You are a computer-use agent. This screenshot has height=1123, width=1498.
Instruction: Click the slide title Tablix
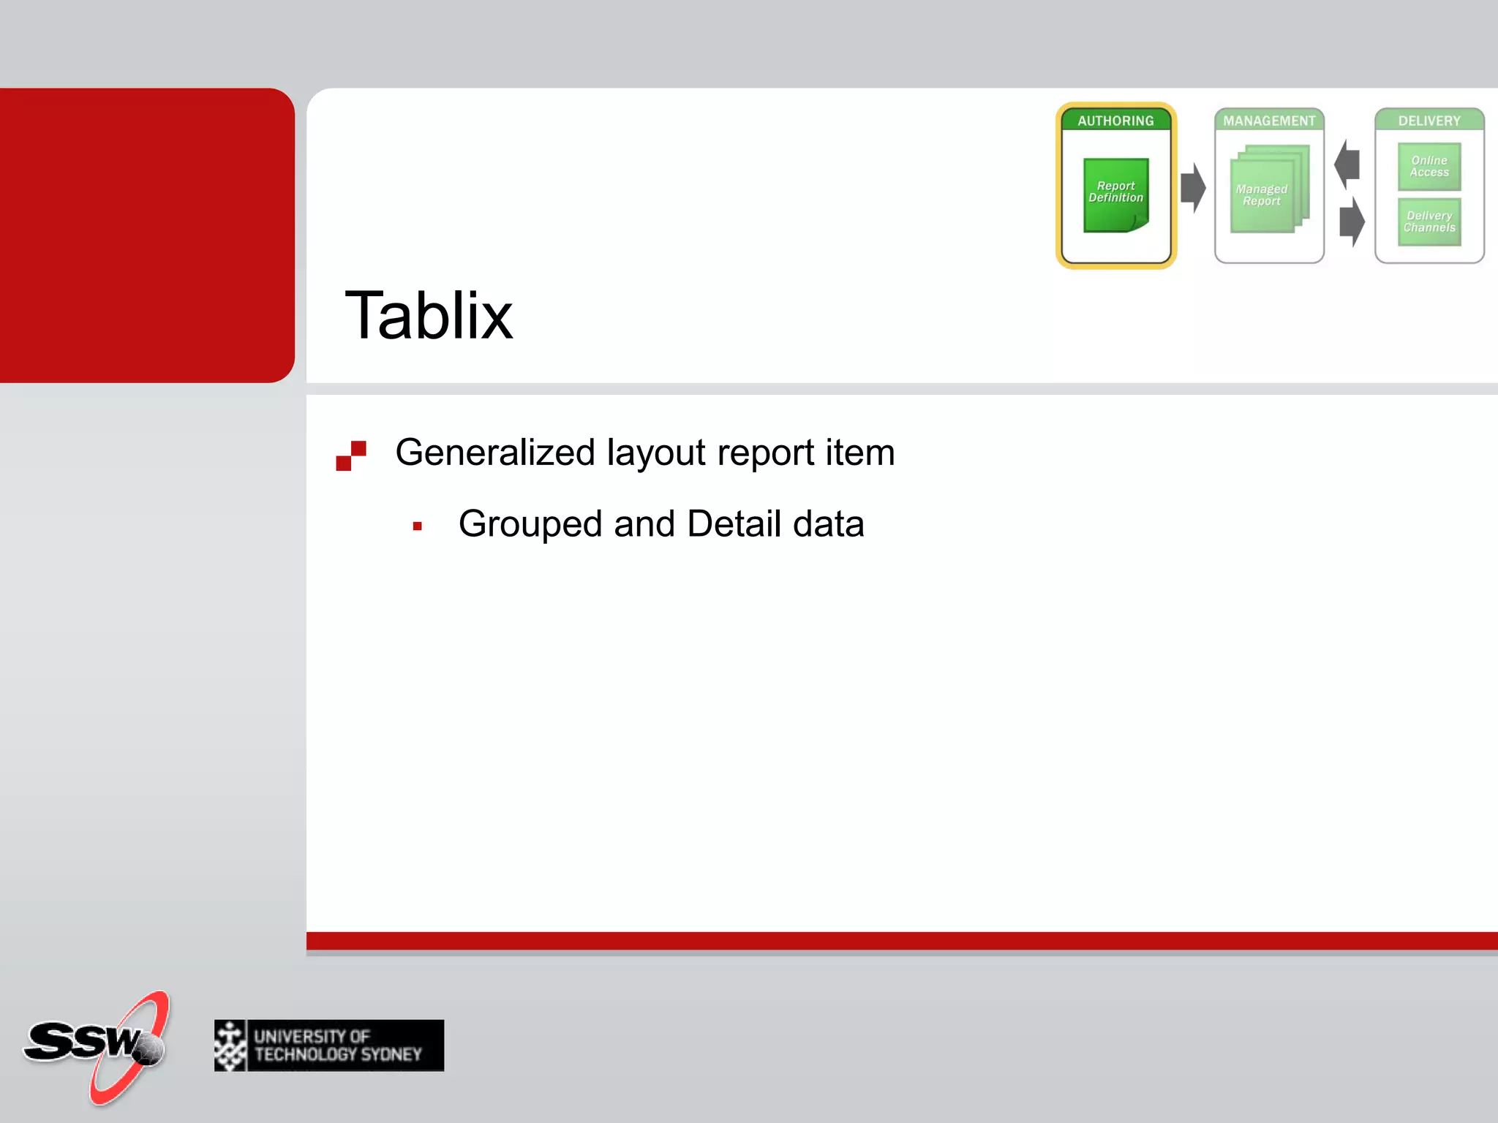pos(429,316)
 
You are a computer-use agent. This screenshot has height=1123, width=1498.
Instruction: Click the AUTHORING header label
pos(1115,121)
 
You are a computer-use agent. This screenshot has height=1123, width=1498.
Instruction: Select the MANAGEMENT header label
pos(1269,121)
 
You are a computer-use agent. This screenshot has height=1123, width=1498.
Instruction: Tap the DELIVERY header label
pos(1429,121)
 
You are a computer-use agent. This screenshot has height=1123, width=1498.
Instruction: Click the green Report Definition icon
pos(1115,194)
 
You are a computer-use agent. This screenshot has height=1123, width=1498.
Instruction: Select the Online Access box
pos(1429,167)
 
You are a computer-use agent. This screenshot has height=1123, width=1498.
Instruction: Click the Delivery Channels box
pos(1429,222)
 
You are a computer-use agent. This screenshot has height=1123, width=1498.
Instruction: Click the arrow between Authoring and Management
pos(1193,188)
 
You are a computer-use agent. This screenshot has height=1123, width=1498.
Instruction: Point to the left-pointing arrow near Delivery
pos(1347,164)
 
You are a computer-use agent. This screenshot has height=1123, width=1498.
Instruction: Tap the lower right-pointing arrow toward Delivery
pos(1352,221)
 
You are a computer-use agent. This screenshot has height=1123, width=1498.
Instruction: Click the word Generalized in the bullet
pos(495,453)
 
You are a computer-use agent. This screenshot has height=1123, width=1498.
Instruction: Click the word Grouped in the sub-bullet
pos(530,524)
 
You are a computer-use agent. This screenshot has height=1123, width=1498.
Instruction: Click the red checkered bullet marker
pos(351,455)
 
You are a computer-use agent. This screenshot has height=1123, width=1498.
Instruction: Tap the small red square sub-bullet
pos(418,526)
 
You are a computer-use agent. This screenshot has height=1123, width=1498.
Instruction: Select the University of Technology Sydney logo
pos(329,1046)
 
